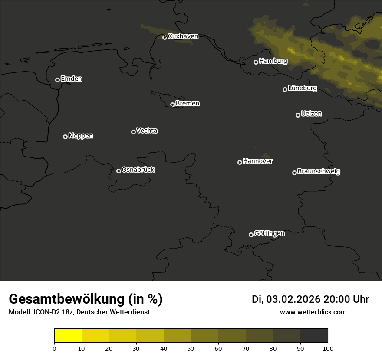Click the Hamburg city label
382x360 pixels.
(273, 61)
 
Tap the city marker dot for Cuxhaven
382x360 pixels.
(165, 37)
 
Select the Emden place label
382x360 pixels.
(71, 79)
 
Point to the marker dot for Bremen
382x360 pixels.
(172, 105)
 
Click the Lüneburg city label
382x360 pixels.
(302, 88)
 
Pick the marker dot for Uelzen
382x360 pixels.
(298, 115)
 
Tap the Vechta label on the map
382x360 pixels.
(147, 131)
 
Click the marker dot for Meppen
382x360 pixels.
(65, 137)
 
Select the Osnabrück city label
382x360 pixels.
(138, 170)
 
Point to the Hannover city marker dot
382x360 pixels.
(240, 162)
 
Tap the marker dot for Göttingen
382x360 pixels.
(251, 235)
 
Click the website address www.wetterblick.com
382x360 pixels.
(313, 312)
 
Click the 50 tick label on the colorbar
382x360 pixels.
(191, 348)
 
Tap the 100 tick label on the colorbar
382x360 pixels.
(328, 348)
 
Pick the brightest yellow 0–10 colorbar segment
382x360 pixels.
(68, 336)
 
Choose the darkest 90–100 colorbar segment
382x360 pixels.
(314, 336)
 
